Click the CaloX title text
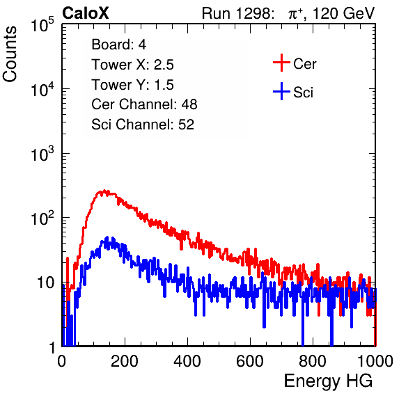pyautogui.click(x=86, y=13)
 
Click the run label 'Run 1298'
pyautogui.click(x=236, y=13)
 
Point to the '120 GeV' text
pyautogui.click(x=344, y=13)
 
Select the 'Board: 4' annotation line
pyautogui.click(x=118, y=45)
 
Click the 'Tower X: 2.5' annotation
pyautogui.click(x=132, y=65)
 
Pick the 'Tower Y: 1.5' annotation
pyautogui.click(x=132, y=85)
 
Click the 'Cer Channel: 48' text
pyautogui.click(x=144, y=104)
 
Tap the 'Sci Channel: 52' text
pyautogui.click(x=143, y=125)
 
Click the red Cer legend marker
pyautogui.click(x=281, y=63)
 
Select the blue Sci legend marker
pyautogui.click(x=281, y=92)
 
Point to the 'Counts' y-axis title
pyautogui.click(x=10, y=54)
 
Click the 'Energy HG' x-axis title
pyautogui.click(x=328, y=381)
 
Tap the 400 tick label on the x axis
pyautogui.click(x=187, y=361)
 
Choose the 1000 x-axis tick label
pyautogui.click(x=375, y=361)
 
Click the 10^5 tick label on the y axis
pyautogui.click(x=42, y=25)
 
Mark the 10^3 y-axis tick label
pyautogui.click(x=42, y=154)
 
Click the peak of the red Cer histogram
pyautogui.click(x=104, y=191)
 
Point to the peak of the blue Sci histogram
pyautogui.click(x=107, y=237)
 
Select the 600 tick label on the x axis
pyautogui.click(x=250, y=361)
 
